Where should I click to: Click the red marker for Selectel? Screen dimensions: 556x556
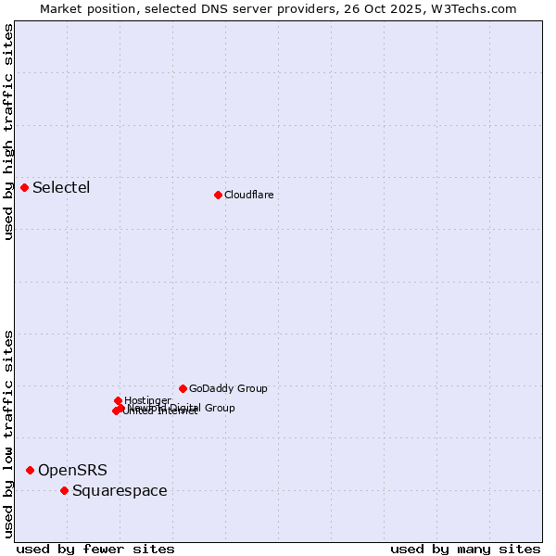click(24, 187)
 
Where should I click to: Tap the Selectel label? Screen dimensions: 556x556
click(61, 188)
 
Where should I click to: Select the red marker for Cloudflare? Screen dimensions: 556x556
click(218, 195)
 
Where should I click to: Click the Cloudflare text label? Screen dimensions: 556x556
click(248, 195)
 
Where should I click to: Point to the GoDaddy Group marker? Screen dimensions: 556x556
click(183, 388)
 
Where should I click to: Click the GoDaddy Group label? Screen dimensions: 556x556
click(228, 388)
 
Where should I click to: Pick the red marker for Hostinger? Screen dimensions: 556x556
click(118, 400)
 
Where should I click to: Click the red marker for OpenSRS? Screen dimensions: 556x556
click(30, 470)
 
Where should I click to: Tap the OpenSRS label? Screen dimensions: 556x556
click(72, 471)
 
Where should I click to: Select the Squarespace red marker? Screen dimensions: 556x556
click(64, 490)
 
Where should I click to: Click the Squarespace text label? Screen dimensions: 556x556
click(120, 491)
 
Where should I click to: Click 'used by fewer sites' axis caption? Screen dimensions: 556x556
click(95, 549)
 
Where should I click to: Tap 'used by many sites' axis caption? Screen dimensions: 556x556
click(465, 549)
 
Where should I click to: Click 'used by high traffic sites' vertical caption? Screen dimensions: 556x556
click(8, 133)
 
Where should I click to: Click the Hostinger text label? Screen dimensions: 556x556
click(147, 400)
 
